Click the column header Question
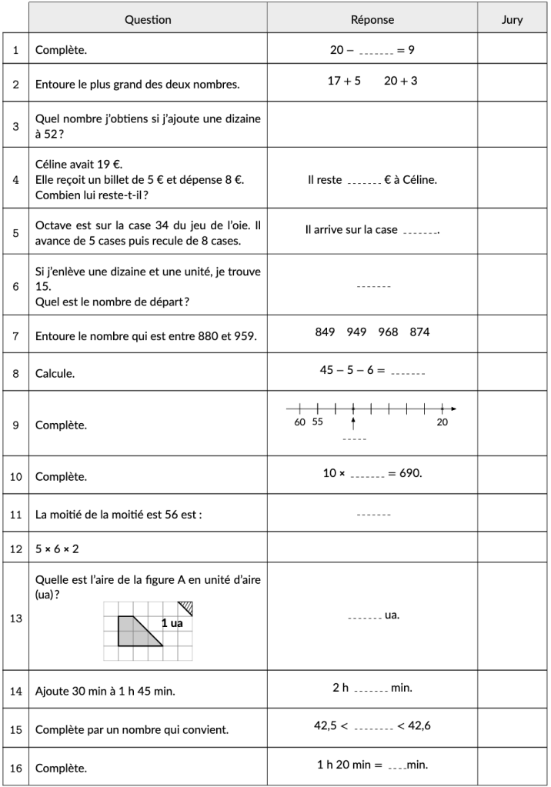(x=148, y=20)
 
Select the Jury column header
(x=512, y=20)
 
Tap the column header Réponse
(x=372, y=20)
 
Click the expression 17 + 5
(x=344, y=80)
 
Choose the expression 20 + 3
(x=400, y=80)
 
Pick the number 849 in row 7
(x=325, y=332)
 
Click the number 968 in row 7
(x=389, y=332)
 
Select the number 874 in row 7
(x=420, y=332)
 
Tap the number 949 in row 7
(x=356, y=332)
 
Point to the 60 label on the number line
(x=299, y=422)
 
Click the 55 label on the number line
(x=317, y=422)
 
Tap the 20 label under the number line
(x=442, y=422)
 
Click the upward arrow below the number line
(x=353, y=422)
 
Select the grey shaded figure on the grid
(x=134, y=631)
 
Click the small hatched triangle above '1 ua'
(x=177, y=607)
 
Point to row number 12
(x=15, y=549)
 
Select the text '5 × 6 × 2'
(x=57, y=549)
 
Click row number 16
(x=15, y=768)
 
